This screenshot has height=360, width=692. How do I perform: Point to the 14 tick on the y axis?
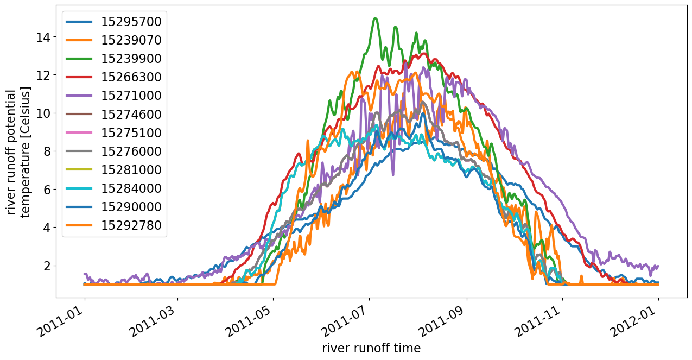(44, 37)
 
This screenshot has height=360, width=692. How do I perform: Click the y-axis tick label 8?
(47, 151)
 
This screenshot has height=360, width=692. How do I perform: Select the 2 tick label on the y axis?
(47, 266)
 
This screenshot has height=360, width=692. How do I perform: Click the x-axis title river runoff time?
(371, 348)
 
